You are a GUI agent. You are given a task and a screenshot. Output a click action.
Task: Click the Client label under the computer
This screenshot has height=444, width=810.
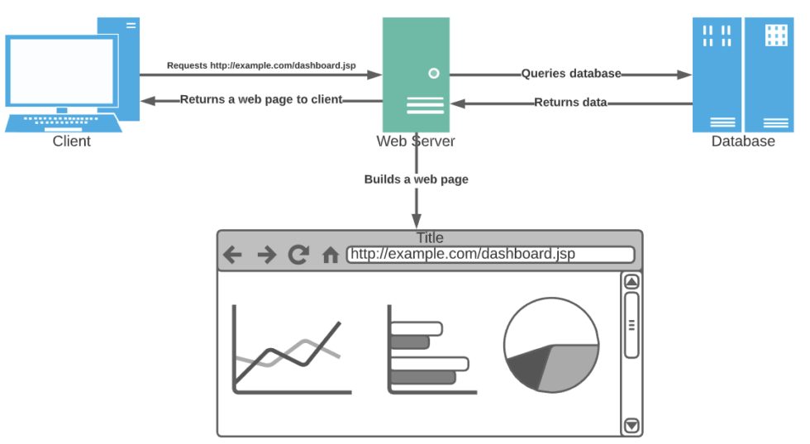pyautogui.click(x=71, y=141)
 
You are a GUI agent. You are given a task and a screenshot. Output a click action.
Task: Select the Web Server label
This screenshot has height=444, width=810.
pyautogui.click(x=416, y=141)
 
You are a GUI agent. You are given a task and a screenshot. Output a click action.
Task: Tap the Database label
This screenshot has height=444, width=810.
pyautogui.click(x=743, y=141)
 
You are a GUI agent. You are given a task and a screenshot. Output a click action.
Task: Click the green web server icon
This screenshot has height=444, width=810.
pyautogui.click(x=416, y=74)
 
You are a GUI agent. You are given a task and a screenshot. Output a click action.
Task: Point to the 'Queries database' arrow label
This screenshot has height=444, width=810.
pyautogui.click(x=570, y=74)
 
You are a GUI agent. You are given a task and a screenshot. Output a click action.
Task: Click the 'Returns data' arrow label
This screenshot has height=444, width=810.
pyautogui.click(x=570, y=103)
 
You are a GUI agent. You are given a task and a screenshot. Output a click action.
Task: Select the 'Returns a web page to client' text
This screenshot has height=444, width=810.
pyautogui.click(x=261, y=99)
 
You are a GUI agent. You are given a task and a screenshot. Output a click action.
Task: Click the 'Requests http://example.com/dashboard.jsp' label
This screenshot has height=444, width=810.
pyautogui.click(x=261, y=65)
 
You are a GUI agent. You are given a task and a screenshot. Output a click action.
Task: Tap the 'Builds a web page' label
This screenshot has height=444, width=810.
pyautogui.click(x=416, y=179)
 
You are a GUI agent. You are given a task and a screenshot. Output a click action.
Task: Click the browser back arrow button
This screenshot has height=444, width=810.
pyautogui.click(x=232, y=255)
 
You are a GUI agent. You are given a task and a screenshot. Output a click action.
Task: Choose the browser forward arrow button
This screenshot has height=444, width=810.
pyautogui.click(x=266, y=255)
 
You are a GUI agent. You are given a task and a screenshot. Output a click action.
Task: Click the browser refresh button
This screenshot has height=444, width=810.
pyautogui.click(x=298, y=255)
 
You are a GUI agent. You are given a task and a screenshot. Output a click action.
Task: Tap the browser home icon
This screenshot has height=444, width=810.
pyautogui.click(x=331, y=255)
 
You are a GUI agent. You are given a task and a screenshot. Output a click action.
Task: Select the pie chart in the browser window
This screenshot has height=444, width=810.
pyautogui.click(x=551, y=345)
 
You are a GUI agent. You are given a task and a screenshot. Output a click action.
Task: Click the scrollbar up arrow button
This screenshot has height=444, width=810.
pyautogui.click(x=631, y=281)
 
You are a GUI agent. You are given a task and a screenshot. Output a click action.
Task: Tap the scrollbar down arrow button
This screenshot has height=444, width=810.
pyautogui.click(x=631, y=426)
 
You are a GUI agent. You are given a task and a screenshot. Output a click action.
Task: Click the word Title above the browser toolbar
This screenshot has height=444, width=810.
pyautogui.click(x=430, y=238)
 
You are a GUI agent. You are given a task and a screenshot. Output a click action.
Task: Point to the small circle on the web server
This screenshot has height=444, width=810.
pyautogui.click(x=433, y=74)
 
